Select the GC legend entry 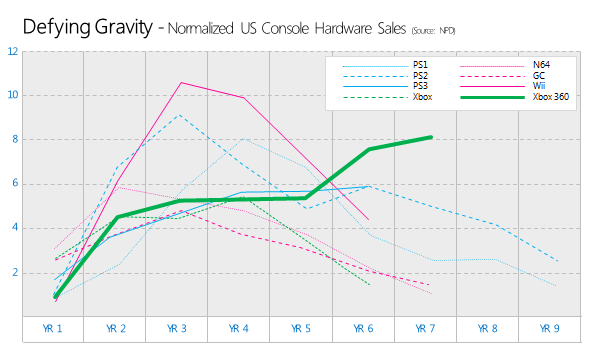pyautogui.click(x=538, y=76)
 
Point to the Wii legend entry pyautogui.click(x=538, y=87)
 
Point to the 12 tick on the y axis pyautogui.click(x=13, y=51)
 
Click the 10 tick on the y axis pyautogui.click(x=13, y=95)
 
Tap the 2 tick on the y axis pyautogui.click(x=15, y=272)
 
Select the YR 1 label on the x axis pyautogui.click(x=55, y=328)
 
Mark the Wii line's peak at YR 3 pyautogui.click(x=180, y=82)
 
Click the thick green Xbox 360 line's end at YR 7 pyautogui.click(x=431, y=137)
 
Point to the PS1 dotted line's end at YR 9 pyautogui.click(x=556, y=286)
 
